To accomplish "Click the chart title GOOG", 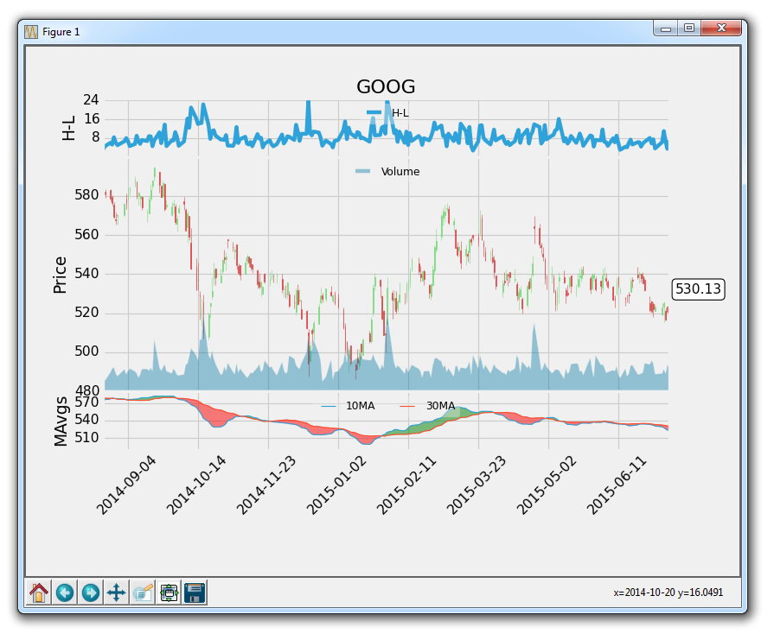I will [x=386, y=86].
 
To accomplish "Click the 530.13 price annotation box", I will [x=698, y=289].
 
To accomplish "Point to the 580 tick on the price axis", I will [x=86, y=195].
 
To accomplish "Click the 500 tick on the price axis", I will [x=86, y=352].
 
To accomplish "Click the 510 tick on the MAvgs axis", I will [x=86, y=438].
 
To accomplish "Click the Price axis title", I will [x=60, y=275].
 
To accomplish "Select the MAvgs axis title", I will [x=60, y=421].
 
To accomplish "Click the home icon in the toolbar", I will [x=39, y=592].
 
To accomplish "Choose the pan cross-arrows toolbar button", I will [x=117, y=592].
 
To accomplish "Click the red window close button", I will [x=722, y=29].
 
